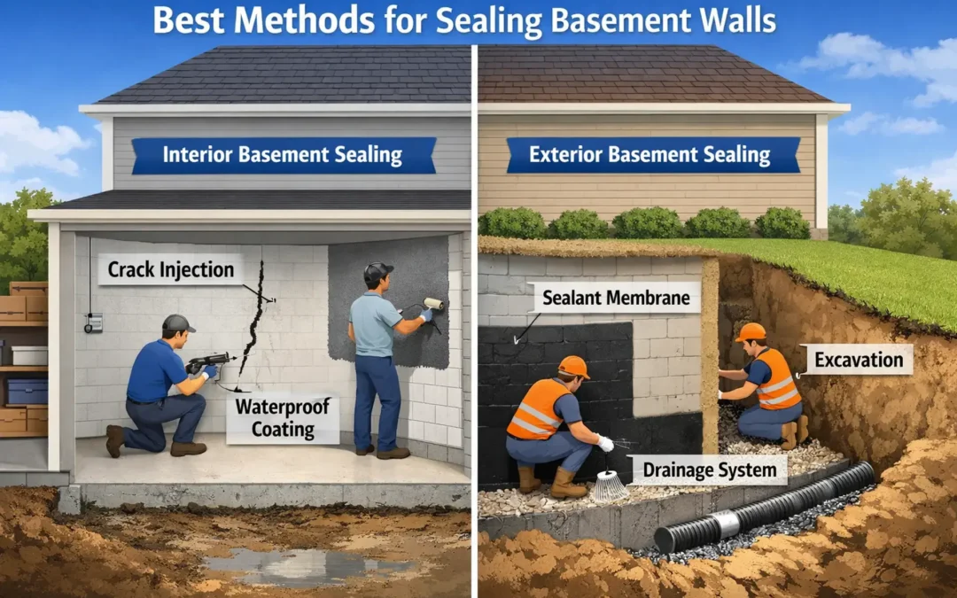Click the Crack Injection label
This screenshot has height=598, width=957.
[x=170, y=269]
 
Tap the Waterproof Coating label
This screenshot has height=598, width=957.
[x=283, y=418]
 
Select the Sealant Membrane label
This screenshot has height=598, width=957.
[x=616, y=298]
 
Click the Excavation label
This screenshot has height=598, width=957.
[x=859, y=360]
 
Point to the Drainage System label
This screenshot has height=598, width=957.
[x=710, y=470]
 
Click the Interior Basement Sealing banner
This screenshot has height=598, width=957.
[x=284, y=155]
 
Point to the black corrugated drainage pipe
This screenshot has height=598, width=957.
[x=766, y=509]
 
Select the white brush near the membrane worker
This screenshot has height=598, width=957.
[x=610, y=485]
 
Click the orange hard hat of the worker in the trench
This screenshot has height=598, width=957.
[x=751, y=331]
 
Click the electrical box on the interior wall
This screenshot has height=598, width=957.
[x=93, y=322]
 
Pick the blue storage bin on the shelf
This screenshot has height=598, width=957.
[x=27, y=391]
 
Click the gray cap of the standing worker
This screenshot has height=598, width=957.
[x=377, y=272]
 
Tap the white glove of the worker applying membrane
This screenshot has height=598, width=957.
[x=605, y=443]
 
